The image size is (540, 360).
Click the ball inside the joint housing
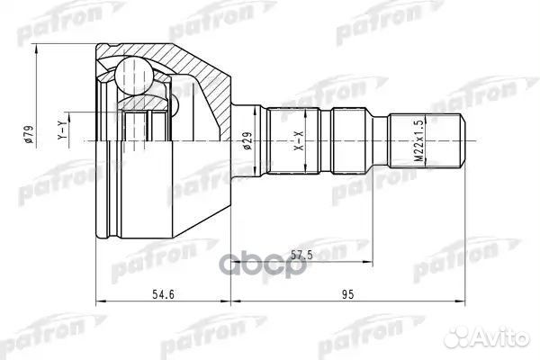pyautogui.click(x=135, y=73)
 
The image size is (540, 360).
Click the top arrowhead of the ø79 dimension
pyautogui.click(x=37, y=43)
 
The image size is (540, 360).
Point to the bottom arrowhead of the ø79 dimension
pyautogui.click(x=37, y=239)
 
